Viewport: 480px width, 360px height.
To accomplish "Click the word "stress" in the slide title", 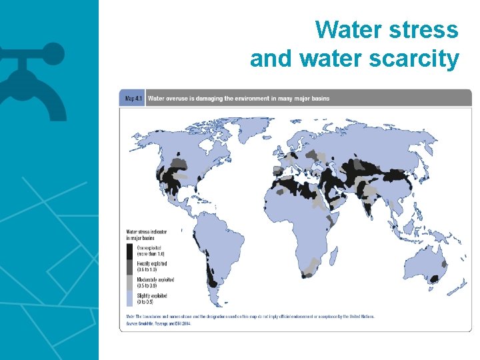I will click(425, 30).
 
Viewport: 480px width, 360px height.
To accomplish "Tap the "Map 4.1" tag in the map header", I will click(132, 99).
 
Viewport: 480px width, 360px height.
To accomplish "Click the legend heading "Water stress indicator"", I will click(147, 231).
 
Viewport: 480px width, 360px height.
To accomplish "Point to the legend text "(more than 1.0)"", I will click(150, 254).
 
